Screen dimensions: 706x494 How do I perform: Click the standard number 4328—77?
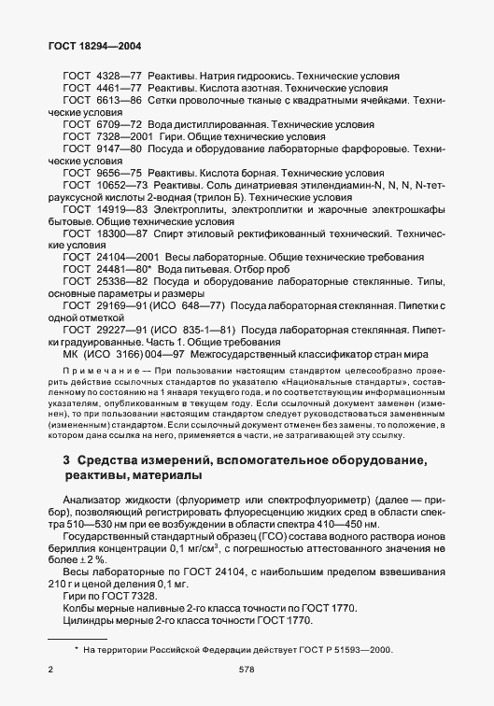(116, 73)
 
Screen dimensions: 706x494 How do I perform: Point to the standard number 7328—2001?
(120, 137)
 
